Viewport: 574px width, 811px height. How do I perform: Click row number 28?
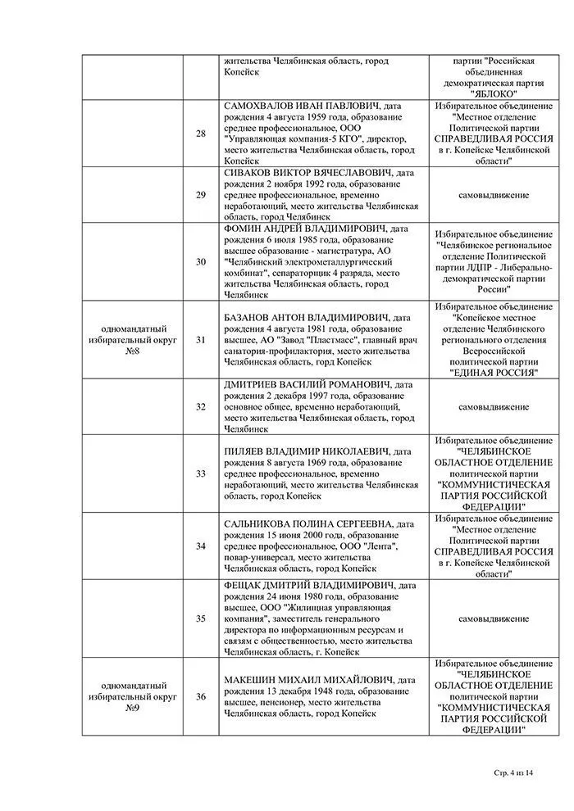click(201, 134)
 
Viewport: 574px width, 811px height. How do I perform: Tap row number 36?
click(201, 696)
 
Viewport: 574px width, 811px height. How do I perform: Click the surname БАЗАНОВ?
click(249, 317)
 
